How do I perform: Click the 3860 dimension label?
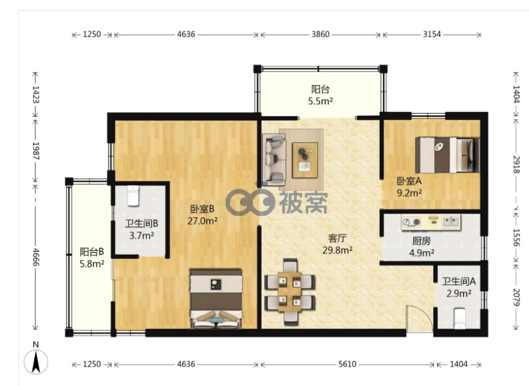[320, 34]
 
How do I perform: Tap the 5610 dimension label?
[347, 364]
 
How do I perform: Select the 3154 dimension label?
[432, 34]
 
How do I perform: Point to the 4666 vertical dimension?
[36, 257]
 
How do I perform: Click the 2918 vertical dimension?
[516, 164]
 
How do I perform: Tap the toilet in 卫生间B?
[133, 196]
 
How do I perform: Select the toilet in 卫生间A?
[460, 319]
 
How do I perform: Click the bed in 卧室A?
[447, 154]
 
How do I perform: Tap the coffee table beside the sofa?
[305, 160]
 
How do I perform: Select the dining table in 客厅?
[290, 291]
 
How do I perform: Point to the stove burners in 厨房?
[412, 222]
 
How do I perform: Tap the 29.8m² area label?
[337, 250]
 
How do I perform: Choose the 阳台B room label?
[91, 251]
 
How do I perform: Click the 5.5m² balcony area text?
[321, 100]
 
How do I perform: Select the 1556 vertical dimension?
[516, 237]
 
